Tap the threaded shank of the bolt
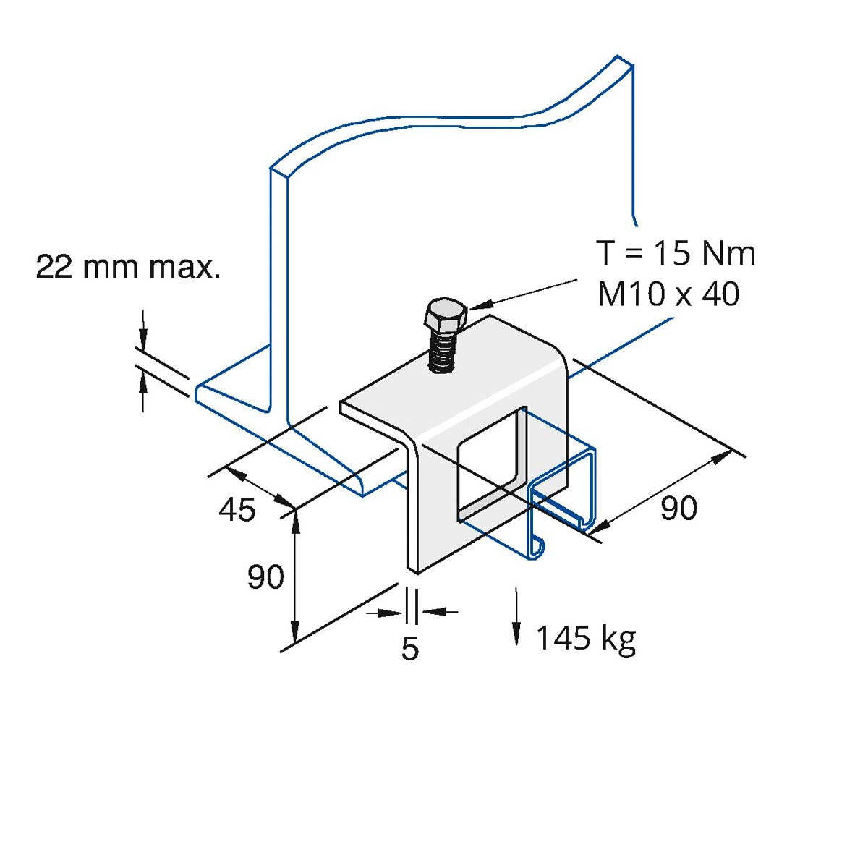coord(442,349)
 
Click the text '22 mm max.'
coord(128,268)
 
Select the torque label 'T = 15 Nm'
coord(676,253)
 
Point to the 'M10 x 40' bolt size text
coord(668,294)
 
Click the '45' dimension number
coord(237,510)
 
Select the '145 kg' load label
coord(586,639)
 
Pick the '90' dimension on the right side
coord(678,508)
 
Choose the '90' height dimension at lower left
coord(265,576)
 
